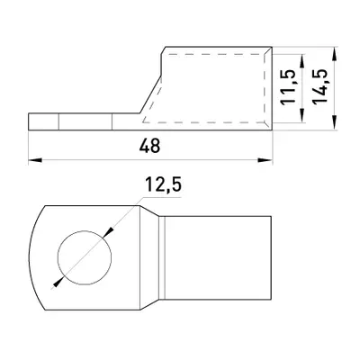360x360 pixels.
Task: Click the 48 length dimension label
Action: tap(149, 146)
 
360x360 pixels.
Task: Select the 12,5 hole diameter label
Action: tap(164, 184)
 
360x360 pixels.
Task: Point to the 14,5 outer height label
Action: tap(319, 86)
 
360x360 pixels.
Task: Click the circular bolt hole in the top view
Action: tap(85, 257)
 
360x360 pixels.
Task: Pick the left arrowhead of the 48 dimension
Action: tap(35, 160)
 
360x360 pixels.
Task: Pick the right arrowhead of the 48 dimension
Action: tap(265, 160)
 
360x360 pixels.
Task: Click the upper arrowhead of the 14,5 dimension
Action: tap(334, 53)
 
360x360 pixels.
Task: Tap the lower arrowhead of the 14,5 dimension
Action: tap(334, 123)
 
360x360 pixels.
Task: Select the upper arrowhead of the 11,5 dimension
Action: tap(302, 61)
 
